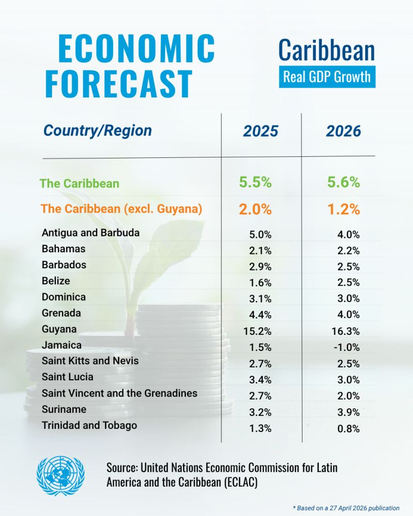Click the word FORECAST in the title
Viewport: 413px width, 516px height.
click(119, 82)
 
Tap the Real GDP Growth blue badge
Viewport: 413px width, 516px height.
click(327, 77)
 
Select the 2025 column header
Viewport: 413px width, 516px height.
click(261, 131)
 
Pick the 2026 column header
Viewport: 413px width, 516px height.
click(343, 131)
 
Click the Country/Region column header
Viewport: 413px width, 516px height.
click(98, 131)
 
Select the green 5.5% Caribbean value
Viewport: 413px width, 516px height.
click(255, 183)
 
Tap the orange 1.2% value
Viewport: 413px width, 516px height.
click(343, 209)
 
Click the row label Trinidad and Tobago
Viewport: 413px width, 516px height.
click(89, 425)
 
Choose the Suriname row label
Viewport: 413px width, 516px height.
click(64, 409)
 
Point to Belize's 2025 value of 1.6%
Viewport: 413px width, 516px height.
click(260, 283)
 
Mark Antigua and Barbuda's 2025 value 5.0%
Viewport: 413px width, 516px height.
click(260, 235)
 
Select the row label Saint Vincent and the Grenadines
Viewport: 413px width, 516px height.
click(119, 393)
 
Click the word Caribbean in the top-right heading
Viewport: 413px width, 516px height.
click(327, 51)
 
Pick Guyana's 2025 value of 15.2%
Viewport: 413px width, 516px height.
click(258, 331)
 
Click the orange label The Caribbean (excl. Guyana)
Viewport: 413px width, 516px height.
click(121, 209)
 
